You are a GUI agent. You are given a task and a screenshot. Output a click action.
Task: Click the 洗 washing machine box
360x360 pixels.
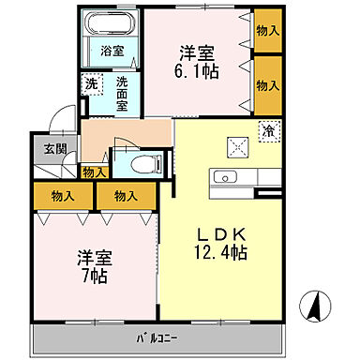click(91, 83)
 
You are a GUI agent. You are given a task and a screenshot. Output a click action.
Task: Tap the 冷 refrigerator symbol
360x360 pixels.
click(268, 130)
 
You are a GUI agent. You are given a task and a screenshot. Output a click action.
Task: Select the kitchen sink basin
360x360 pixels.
click(226, 175)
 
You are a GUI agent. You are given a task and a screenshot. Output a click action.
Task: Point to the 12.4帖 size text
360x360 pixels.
click(220, 253)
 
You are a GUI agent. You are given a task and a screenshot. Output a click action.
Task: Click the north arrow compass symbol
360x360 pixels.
click(319, 304)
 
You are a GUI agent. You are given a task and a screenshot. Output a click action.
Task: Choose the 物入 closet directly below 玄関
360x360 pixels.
click(64, 196)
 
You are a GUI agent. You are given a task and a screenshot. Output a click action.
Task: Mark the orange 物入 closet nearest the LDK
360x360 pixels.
click(127, 196)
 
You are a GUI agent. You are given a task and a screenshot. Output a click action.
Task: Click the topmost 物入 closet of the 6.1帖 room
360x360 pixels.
click(267, 31)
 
